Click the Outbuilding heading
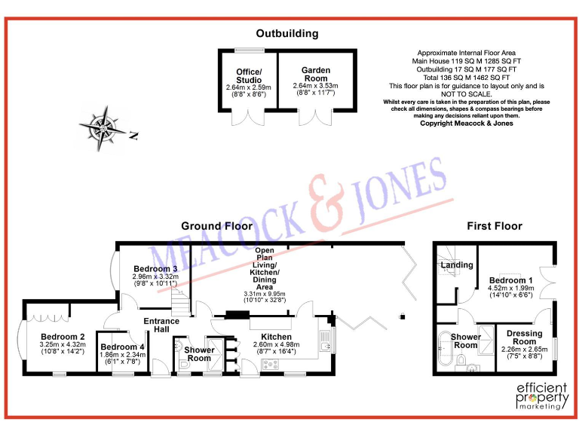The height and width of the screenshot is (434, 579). coord(286,33)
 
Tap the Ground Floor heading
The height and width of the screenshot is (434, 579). coord(216,226)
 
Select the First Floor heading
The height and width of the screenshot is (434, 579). coord(494,226)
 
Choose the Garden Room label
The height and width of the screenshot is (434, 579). coord(316,74)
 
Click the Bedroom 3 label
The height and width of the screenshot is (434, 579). coord(155,269)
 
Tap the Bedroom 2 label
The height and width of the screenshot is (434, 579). coord(62,337)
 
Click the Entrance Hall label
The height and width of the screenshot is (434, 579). coord(162,326)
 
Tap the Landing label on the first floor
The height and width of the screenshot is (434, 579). coord(457,265)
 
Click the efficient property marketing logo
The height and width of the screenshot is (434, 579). coord(539,395)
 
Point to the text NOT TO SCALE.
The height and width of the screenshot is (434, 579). coord(465,94)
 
